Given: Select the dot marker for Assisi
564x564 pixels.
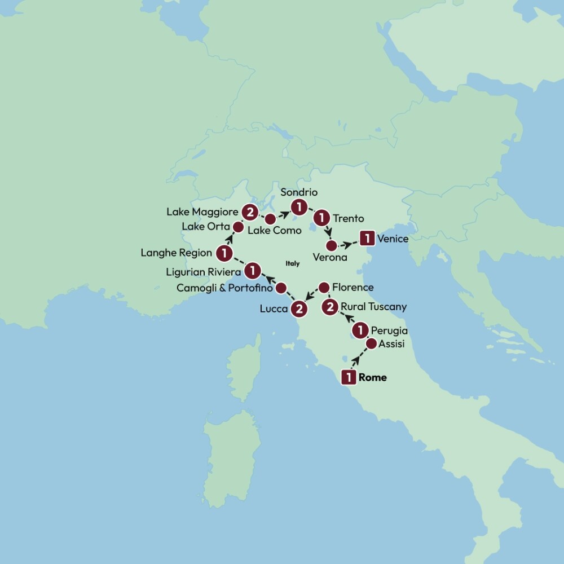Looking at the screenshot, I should tap(371, 343).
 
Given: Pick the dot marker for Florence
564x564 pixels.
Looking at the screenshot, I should tap(324, 288).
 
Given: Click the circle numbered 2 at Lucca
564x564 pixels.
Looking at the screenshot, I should tap(298, 309).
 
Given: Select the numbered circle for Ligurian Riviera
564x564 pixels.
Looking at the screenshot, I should tap(253, 271).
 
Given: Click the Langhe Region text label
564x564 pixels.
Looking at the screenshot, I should tap(176, 253).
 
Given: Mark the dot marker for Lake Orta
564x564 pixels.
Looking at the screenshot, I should tap(238, 227).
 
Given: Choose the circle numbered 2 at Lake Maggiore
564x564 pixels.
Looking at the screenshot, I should tap(249, 212).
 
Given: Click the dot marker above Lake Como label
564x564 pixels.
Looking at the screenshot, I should tap(271, 218).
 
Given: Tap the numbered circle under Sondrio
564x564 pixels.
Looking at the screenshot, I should tap(298, 207).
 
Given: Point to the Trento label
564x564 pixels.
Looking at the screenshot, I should tap(349, 218).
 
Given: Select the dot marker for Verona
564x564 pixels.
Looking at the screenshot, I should tap(332, 245).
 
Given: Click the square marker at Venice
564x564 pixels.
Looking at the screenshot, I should tap(367, 239).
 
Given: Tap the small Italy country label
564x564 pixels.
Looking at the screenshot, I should tap(293, 263).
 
